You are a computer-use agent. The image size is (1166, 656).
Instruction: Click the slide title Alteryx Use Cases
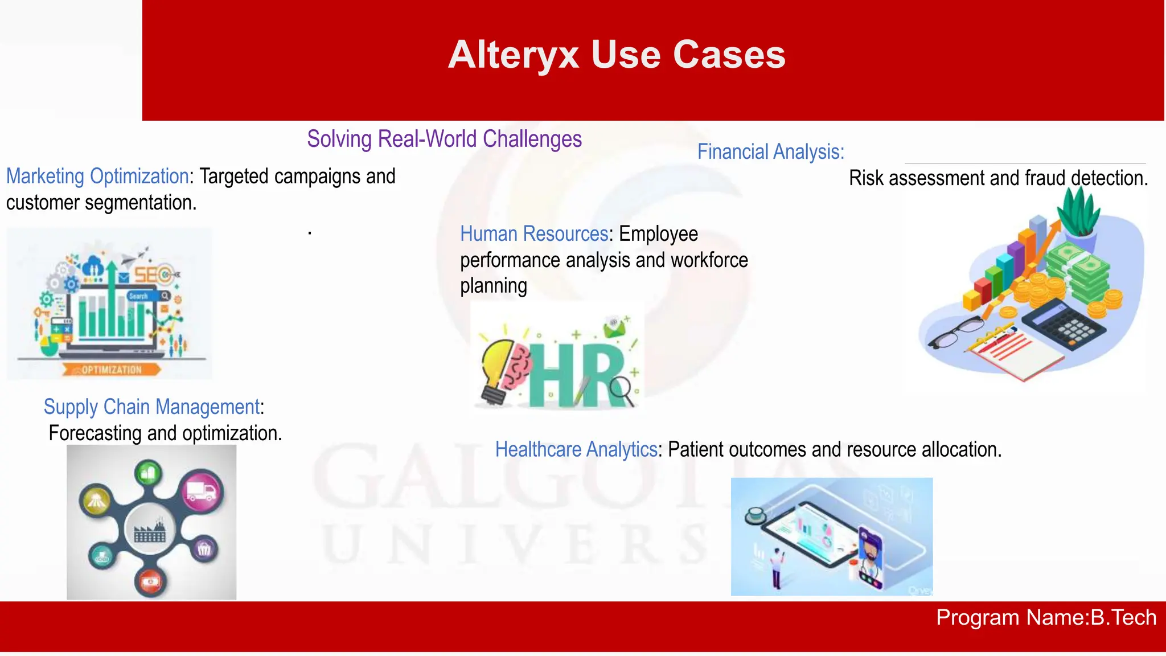click(x=617, y=55)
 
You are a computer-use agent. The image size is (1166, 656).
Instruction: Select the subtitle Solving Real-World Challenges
click(x=444, y=139)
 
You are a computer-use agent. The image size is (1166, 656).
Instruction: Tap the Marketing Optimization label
click(x=97, y=177)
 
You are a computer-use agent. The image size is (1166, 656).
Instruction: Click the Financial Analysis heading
click(x=770, y=152)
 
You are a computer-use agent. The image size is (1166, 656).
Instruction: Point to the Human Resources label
click(x=534, y=234)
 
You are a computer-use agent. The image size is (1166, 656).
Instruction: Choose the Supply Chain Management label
click(x=151, y=407)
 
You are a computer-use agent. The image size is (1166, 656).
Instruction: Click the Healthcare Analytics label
click(x=576, y=450)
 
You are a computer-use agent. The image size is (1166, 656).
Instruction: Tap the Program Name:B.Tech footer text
click(x=1046, y=618)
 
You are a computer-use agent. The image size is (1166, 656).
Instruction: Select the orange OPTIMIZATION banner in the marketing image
click(x=112, y=370)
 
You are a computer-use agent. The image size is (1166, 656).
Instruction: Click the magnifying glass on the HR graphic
click(x=622, y=390)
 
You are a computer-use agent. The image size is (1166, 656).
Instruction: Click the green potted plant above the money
click(x=1078, y=214)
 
